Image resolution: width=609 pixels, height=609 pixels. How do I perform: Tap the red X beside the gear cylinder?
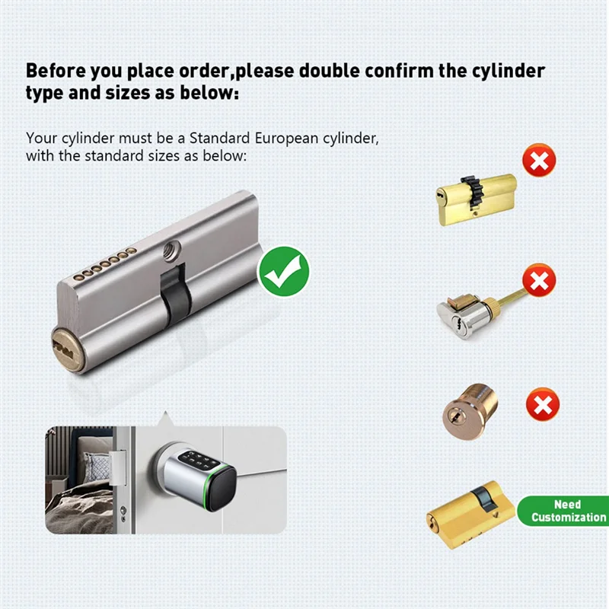tap(539, 161)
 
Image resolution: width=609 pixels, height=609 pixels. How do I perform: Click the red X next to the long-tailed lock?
tap(539, 282)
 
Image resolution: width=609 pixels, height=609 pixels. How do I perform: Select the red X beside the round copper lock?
tap(543, 404)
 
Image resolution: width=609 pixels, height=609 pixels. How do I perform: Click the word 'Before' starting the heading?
tap(58, 71)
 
